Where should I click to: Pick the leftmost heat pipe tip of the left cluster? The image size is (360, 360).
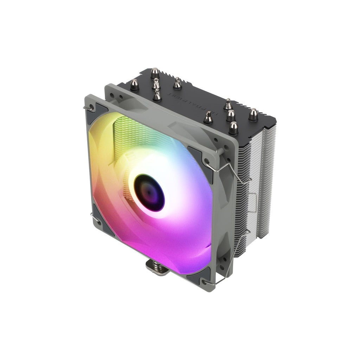(134, 84)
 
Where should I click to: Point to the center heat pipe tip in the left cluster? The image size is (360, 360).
(156, 84)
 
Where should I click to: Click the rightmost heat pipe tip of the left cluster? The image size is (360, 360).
(177, 84)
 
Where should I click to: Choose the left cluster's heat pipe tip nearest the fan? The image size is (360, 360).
(157, 95)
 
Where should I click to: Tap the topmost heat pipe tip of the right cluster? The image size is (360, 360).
(228, 104)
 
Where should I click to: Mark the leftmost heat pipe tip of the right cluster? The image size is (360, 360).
(208, 117)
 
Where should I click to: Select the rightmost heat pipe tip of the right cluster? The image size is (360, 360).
(253, 115)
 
